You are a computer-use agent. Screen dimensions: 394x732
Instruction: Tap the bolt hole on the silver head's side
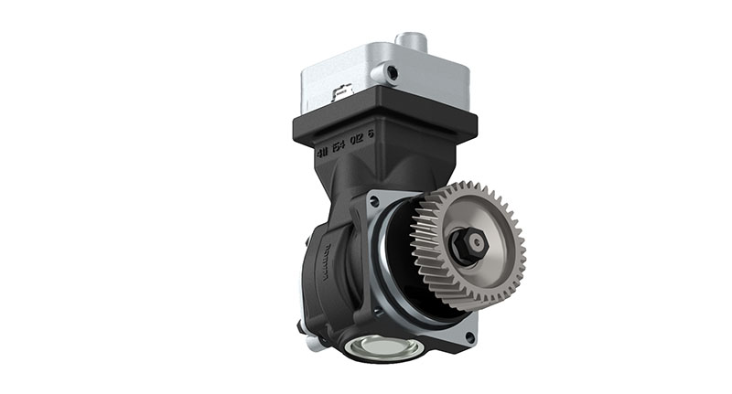(391, 71)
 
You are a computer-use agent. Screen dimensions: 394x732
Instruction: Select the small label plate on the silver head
(345, 91)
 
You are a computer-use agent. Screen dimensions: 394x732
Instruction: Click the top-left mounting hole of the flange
(374, 199)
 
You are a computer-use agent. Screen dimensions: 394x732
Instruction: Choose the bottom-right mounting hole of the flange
(469, 337)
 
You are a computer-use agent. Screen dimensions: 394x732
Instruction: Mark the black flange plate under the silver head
(384, 119)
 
